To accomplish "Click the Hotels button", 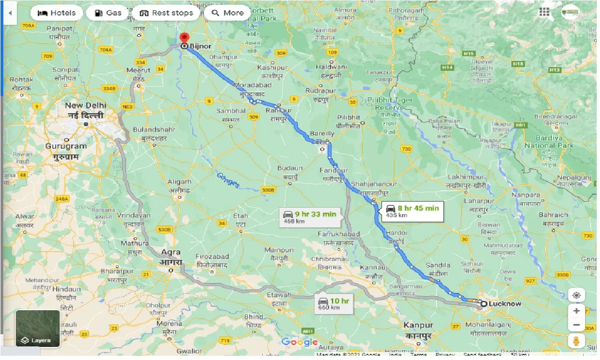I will point(56,13).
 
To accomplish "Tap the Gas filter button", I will point(107,13).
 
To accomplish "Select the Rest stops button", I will point(166,13).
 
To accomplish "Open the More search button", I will point(227,13).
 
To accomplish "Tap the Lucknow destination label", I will point(504,304).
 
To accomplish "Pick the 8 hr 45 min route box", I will point(412,211).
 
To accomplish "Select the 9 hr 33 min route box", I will point(309,217).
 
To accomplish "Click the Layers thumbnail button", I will point(37,328).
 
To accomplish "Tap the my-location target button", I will point(576,295).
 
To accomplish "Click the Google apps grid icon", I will point(544,12).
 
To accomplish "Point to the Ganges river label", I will point(228,180).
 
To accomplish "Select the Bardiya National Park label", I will point(548,142).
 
